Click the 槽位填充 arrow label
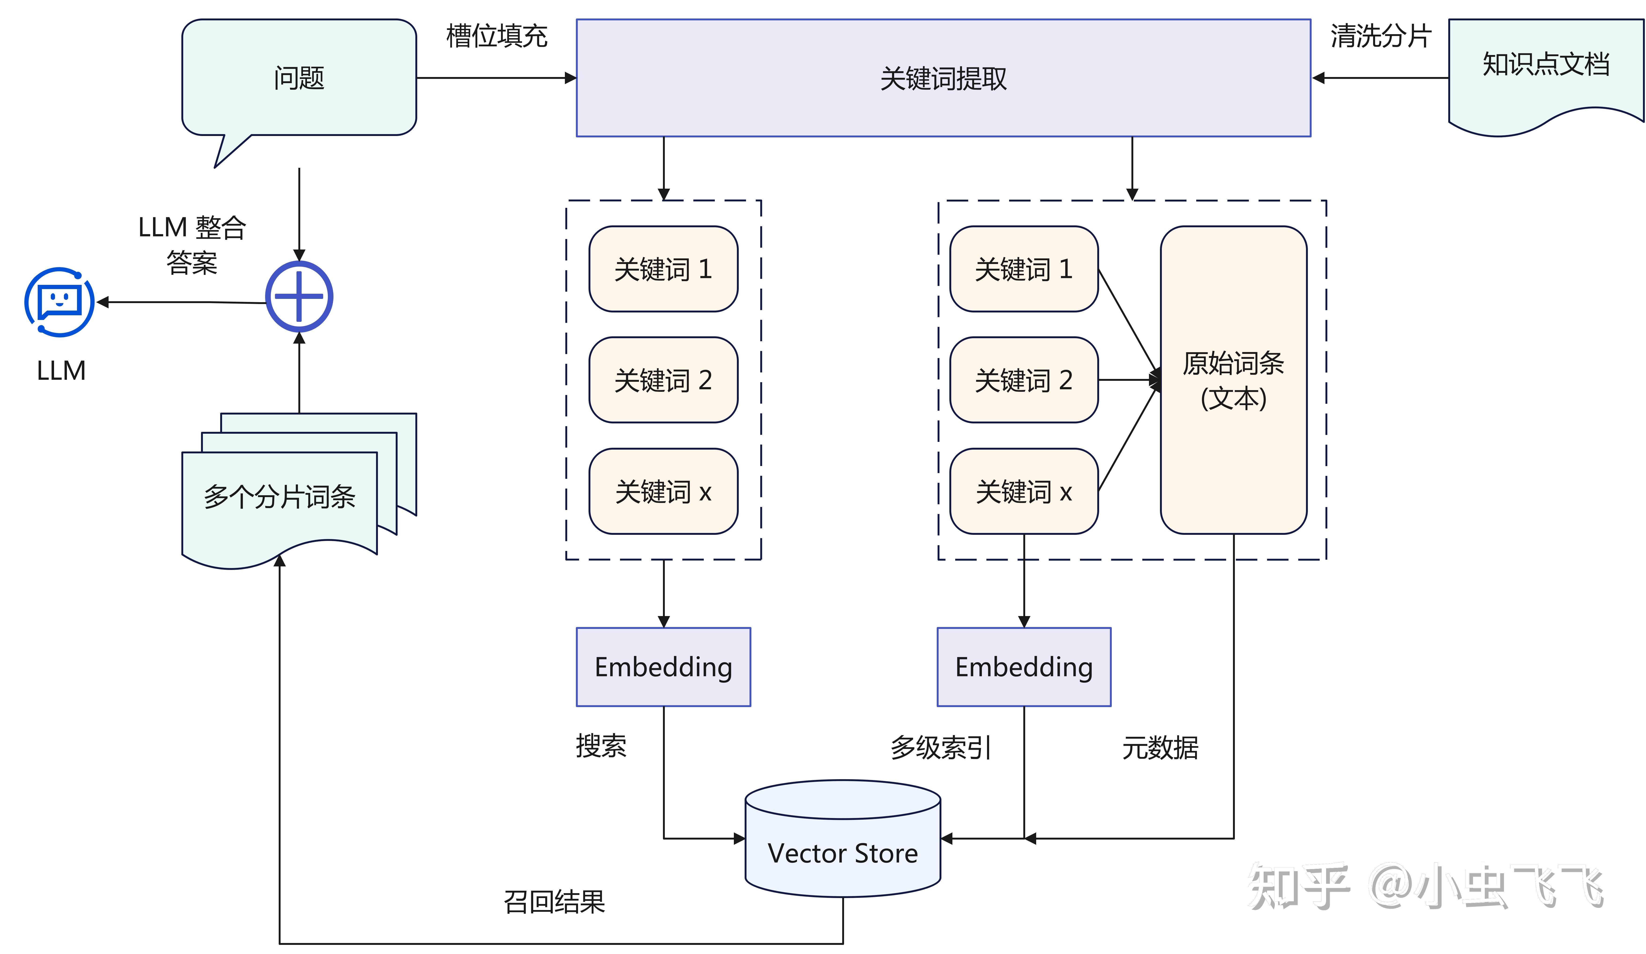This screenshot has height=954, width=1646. click(x=496, y=36)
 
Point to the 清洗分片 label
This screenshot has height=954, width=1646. click(x=1380, y=36)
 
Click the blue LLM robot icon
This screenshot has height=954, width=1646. click(x=59, y=302)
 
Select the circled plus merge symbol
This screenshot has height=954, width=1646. click(x=299, y=297)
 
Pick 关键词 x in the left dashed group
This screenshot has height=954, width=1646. click(x=663, y=491)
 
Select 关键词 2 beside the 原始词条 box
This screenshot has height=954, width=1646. click(x=1024, y=380)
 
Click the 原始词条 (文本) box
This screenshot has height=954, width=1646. click(x=1233, y=380)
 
